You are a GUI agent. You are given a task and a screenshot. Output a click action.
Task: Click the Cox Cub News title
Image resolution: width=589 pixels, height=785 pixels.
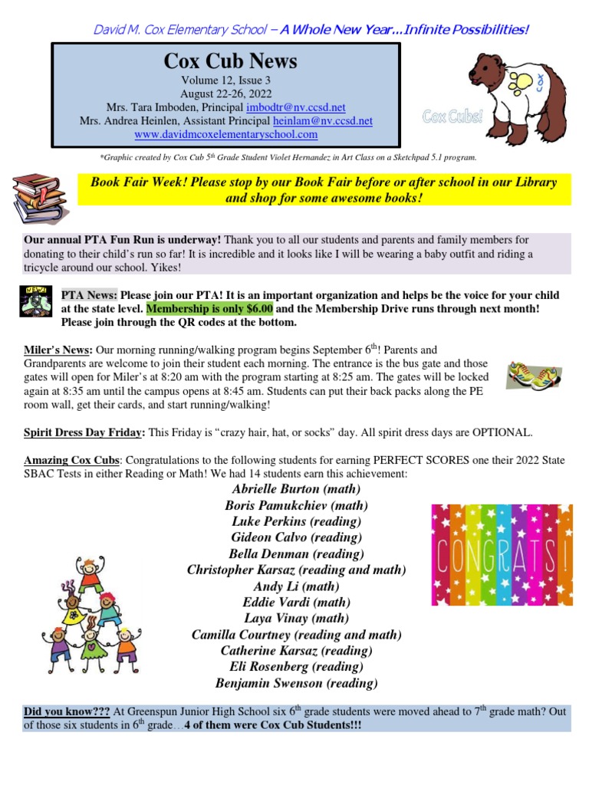(x=225, y=61)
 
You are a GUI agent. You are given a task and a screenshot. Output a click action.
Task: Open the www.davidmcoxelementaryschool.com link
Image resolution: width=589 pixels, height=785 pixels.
(x=225, y=134)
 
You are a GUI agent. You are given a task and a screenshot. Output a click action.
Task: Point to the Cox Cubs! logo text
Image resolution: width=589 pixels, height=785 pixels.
(x=453, y=117)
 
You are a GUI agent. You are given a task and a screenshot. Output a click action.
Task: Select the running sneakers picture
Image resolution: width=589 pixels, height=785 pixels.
(x=535, y=374)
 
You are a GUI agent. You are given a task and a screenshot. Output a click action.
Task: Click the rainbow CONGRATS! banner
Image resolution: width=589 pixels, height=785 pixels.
(x=502, y=554)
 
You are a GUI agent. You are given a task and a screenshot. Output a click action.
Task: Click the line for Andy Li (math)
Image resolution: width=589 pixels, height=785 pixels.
(x=296, y=586)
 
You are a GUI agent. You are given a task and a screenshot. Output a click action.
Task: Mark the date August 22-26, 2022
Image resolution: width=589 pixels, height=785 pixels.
(x=225, y=93)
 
